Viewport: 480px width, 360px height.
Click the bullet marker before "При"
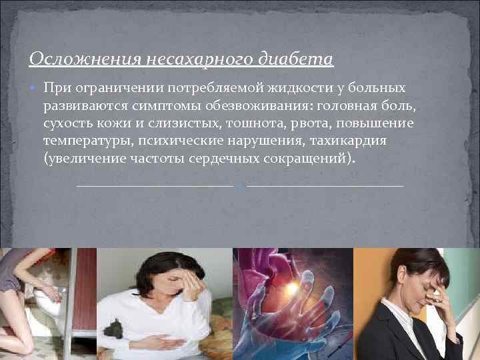tap(34, 89)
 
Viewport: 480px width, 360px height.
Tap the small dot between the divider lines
tap(240, 185)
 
